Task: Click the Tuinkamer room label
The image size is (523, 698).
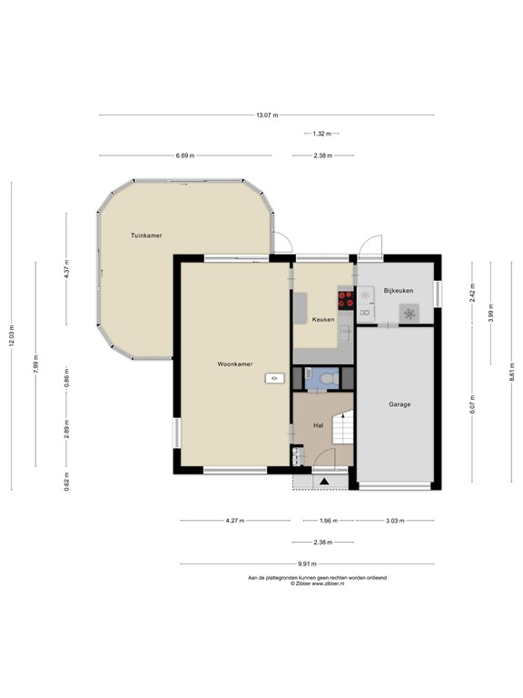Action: coord(146,235)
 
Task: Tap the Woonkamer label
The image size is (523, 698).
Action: coord(233,364)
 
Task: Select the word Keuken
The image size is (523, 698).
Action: coord(323,320)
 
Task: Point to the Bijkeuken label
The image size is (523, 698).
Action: coord(399,291)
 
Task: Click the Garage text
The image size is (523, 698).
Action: coord(400,404)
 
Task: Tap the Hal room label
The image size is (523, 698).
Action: coord(318,424)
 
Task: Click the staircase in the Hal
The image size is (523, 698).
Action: coord(342,425)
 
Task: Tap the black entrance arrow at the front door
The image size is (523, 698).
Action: coord(322,481)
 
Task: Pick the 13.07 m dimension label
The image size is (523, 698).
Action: coord(266,115)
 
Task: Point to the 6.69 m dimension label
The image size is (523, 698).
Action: coord(185,156)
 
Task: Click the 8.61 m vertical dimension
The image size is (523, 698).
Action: coord(512,373)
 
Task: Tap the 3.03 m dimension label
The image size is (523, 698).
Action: coord(395,521)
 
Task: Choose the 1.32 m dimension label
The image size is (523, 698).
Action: coord(319,135)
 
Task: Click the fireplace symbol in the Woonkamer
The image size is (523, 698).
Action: coord(272,377)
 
